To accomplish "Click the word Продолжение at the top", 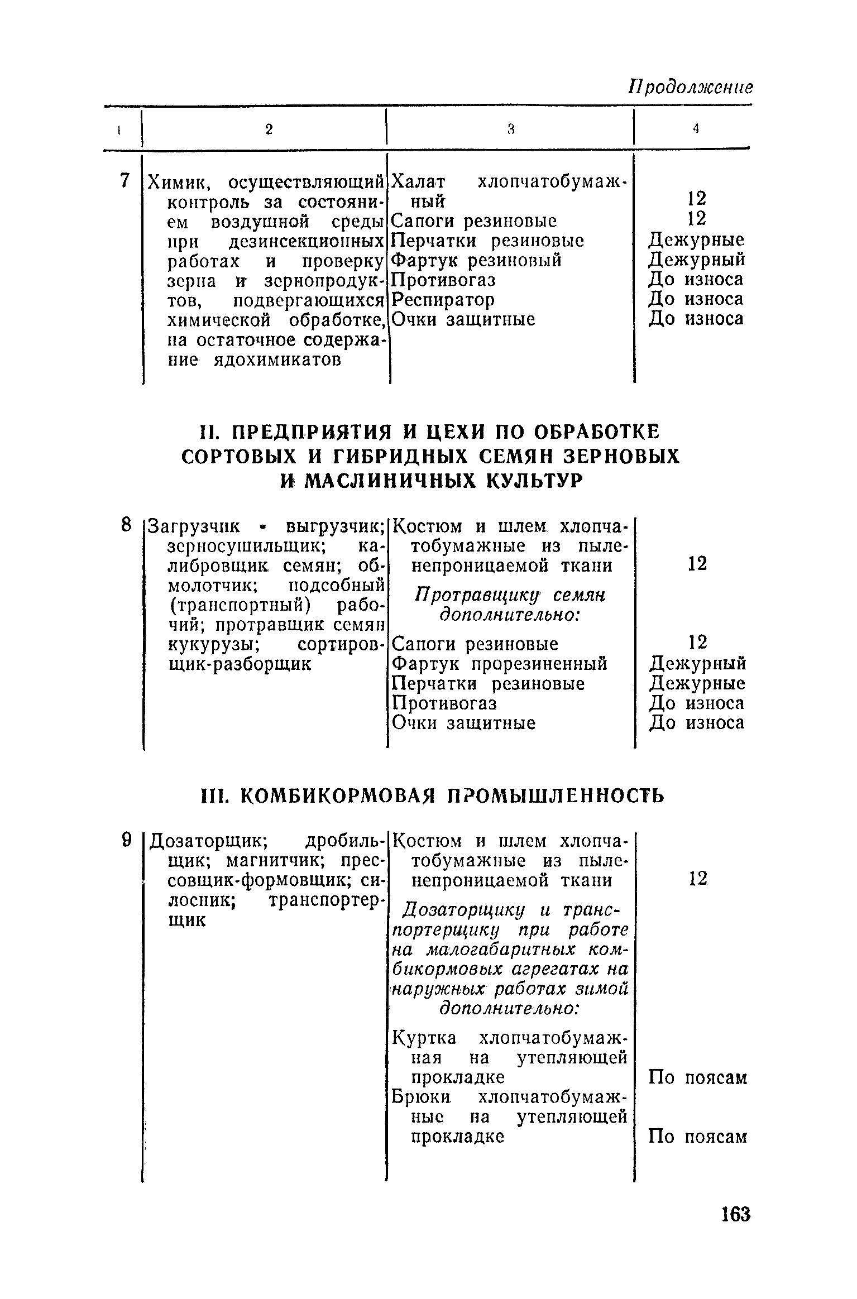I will (x=691, y=87).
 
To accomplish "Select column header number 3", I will (x=510, y=130).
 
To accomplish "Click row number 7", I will (x=125, y=180).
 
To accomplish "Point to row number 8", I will (x=126, y=525).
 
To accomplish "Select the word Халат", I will (x=418, y=182).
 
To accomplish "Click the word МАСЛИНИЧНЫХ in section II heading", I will (x=391, y=480).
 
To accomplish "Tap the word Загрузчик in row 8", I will (x=194, y=526).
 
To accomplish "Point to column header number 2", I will (x=269, y=130).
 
